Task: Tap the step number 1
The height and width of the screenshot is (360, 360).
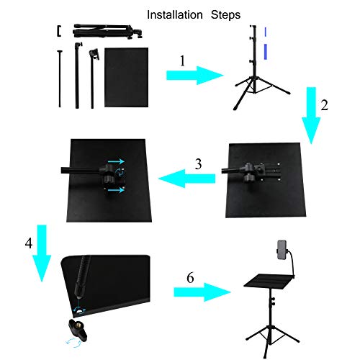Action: point(182,62)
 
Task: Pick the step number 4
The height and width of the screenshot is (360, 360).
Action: point(29,243)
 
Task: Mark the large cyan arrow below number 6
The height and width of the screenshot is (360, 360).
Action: point(201,292)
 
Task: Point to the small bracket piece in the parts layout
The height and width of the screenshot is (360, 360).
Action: point(58,30)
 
